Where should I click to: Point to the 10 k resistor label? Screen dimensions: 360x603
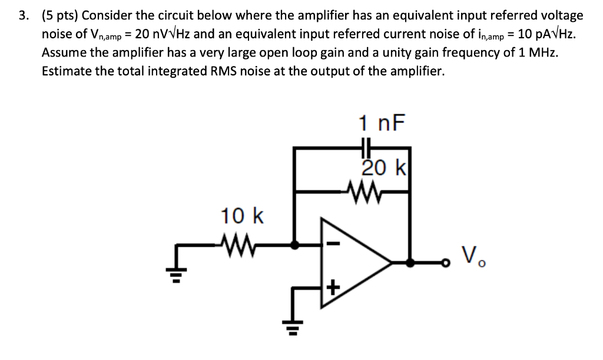tap(242, 216)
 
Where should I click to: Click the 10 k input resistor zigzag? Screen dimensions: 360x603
tap(239, 243)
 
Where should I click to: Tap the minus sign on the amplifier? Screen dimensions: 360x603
tap(332, 243)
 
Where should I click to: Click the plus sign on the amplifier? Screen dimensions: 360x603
tap(333, 288)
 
